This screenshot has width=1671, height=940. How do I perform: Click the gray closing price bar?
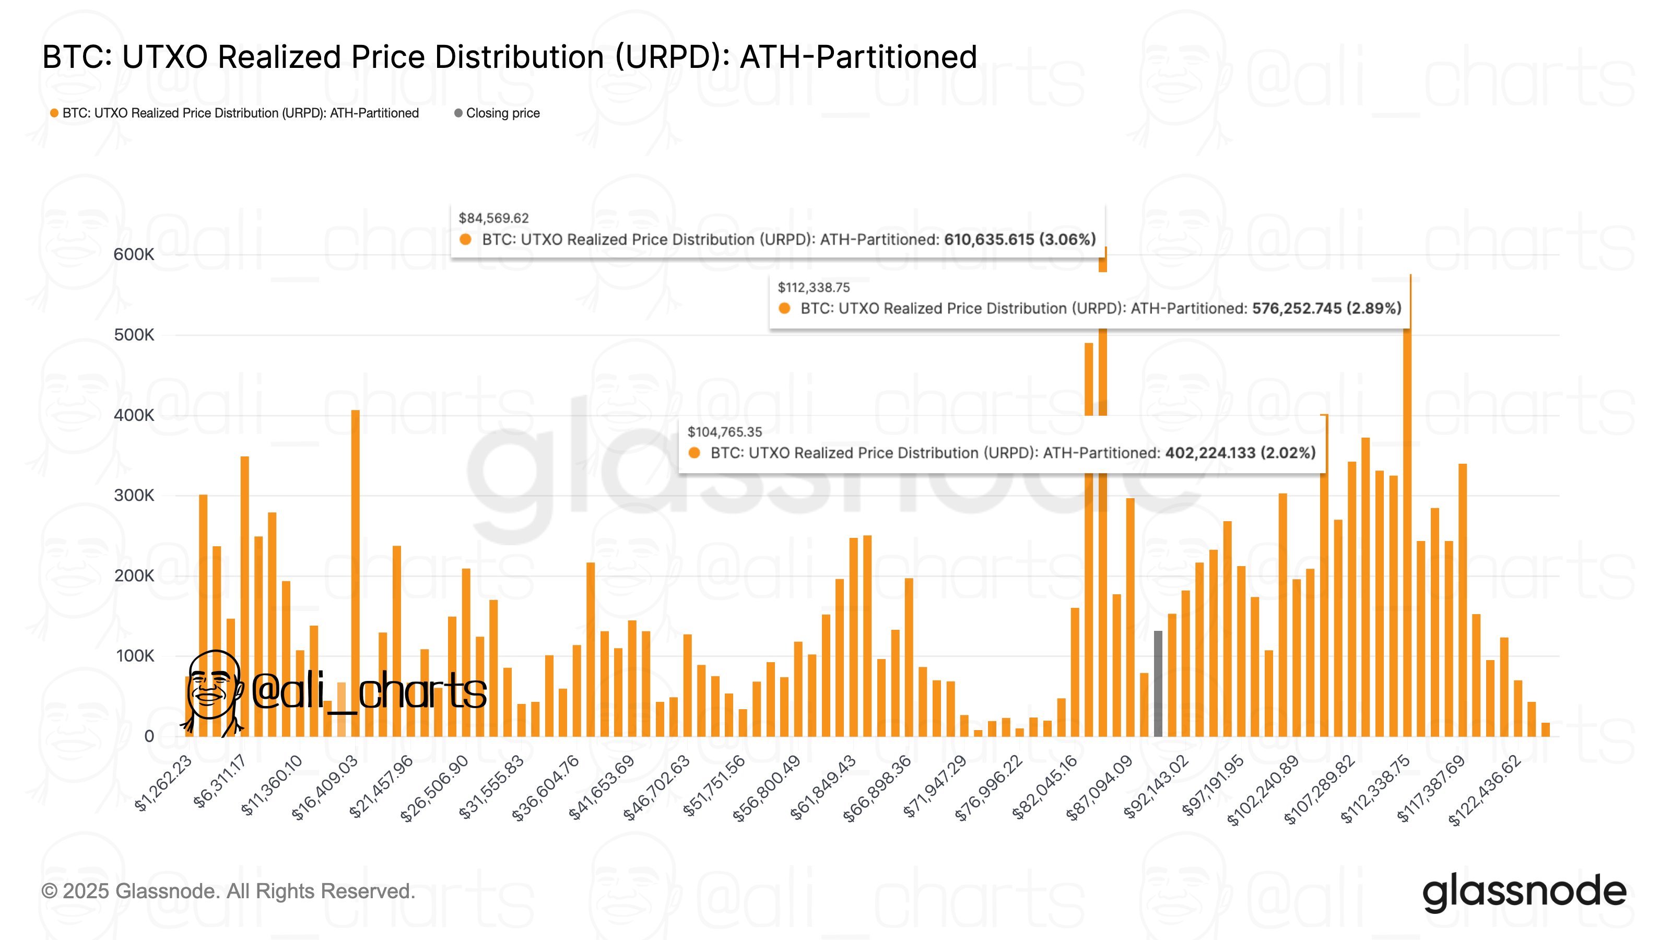coord(1158,685)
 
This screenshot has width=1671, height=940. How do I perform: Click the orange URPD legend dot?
coord(54,113)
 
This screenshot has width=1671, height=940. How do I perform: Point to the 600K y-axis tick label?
coord(134,254)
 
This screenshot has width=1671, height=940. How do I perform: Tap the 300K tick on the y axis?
coord(134,496)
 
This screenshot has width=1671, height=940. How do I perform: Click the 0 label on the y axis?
coord(149,736)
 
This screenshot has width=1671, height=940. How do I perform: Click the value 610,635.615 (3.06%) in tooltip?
coord(1019,239)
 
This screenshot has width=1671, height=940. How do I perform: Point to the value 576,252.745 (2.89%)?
coord(1326,308)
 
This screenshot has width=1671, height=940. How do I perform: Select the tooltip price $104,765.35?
coord(725,432)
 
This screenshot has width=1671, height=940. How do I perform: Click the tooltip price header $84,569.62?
coord(493,218)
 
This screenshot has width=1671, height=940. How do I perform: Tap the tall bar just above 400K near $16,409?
coord(355,571)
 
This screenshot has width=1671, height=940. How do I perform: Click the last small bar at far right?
coord(1545,730)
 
